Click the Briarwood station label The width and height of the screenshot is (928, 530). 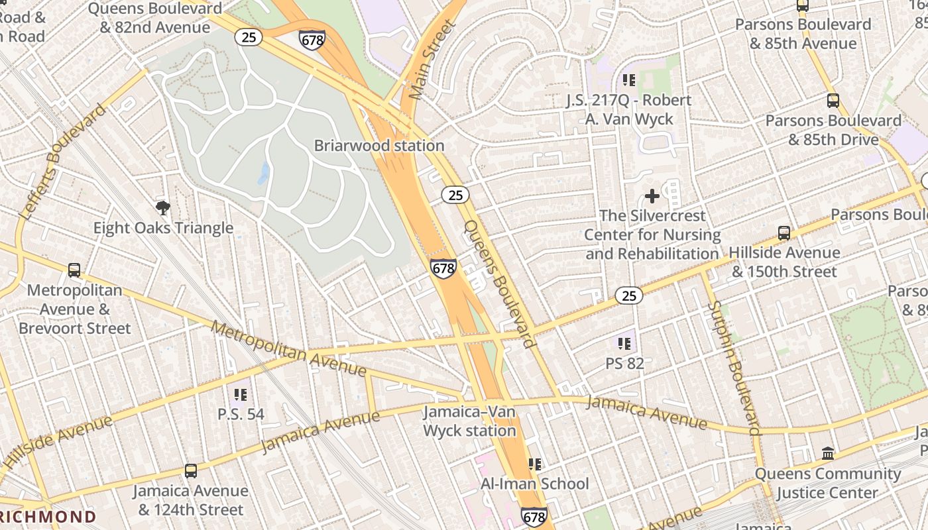pyautogui.click(x=379, y=145)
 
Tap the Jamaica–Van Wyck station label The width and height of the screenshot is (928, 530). pyautogui.click(x=469, y=421)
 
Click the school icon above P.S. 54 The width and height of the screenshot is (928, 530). pyautogui.click(x=241, y=396)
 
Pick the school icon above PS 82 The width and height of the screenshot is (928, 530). pyautogui.click(x=624, y=344)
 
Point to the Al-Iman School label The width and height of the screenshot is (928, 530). pyautogui.click(x=534, y=484)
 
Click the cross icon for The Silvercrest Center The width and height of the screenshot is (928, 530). pyautogui.click(x=652, y=196)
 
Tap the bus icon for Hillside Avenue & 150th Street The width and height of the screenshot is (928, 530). pyautogui.click(x=783, y=233)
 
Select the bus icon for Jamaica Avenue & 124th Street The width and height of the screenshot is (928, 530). pyautogui.click(x=191, y=471)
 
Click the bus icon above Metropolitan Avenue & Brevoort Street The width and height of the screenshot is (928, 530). pyautogui.click(x=74, y=270)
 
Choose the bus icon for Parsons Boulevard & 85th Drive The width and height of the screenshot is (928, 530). pyautogui.click(x=833, y=101)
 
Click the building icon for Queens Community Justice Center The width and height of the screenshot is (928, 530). pyautogui.click(x=828, y=454)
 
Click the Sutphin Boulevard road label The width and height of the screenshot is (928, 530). pyautogui.click(x=734, y=368)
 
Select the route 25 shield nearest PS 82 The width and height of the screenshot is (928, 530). pyautogui.click(x=628, y=295)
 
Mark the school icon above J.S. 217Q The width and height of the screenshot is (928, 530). pyautogui.click(x=628, y=81)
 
